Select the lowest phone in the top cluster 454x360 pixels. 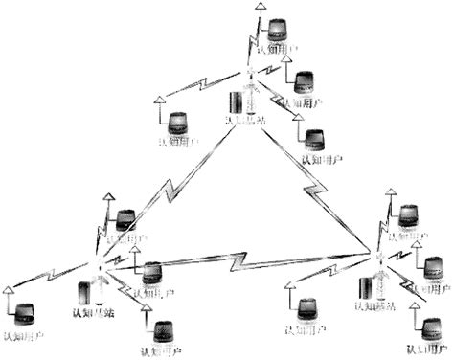point(314,138)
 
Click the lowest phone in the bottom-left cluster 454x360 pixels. point(160,332)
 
